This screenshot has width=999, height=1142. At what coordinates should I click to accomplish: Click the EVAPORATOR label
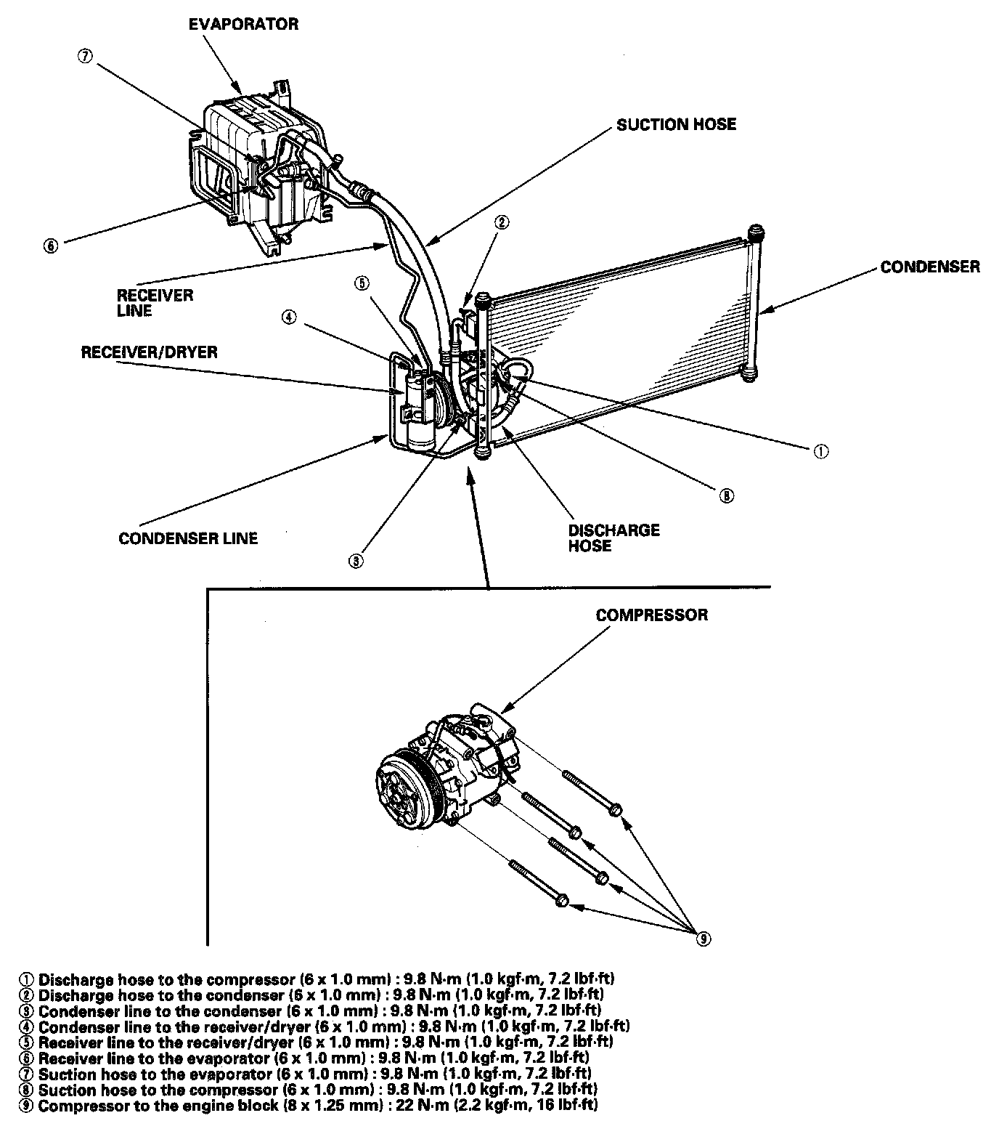point(243,24)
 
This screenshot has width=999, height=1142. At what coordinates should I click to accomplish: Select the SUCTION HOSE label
point(676,124)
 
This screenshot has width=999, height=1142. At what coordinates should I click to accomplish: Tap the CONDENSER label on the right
point(929,267)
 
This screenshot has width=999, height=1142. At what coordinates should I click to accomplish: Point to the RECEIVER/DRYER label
point(149,352)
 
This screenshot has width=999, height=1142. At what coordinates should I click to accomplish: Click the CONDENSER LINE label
point(188,538)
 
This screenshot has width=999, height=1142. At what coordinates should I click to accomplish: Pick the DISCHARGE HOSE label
point(613,538)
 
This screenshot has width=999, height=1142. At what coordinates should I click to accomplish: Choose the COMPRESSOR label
point(651,615)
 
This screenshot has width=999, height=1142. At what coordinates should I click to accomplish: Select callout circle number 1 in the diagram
point(820,451)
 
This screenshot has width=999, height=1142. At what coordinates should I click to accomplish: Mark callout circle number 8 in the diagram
point(726,495)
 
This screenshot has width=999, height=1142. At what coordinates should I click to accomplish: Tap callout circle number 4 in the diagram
point(289,317)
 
